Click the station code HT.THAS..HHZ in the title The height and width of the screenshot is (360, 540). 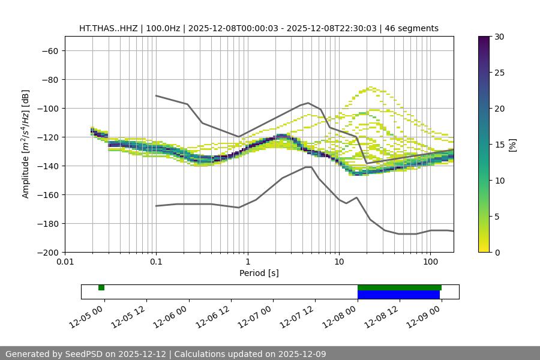(108, 28)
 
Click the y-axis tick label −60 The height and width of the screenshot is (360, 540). (50, 50)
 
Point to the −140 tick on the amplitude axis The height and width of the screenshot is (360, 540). (47, 166)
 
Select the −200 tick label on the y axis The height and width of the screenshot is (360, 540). (47, 252)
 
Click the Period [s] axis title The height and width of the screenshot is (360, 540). (259, 274)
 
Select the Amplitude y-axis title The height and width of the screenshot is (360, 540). (26, 144)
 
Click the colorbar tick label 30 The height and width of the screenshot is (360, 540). (499, 37)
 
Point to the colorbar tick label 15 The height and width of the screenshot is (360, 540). (499, 145)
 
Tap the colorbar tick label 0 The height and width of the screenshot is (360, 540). (496, 252)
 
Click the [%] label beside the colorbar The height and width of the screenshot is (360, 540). (512, 145)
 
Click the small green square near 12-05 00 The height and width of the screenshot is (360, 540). (101, 287)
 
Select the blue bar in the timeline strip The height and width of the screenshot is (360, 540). (398, 295)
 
